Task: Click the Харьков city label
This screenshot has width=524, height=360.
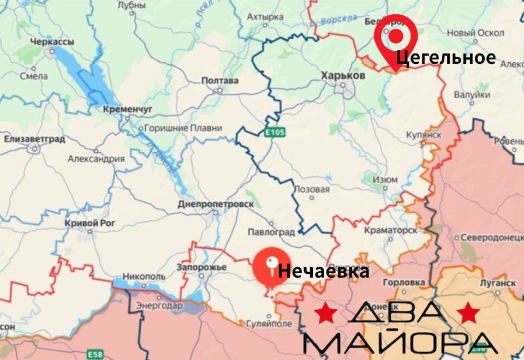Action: [343, 76]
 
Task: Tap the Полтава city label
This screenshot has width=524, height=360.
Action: [220, 81]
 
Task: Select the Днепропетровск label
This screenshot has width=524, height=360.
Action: [216, 204]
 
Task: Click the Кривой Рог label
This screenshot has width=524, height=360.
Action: [88, 223]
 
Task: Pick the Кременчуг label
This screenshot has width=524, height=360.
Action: [128, 109]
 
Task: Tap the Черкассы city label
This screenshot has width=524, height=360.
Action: [52, 42]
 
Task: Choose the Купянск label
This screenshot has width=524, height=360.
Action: [424, 135]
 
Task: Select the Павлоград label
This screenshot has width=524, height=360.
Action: [271, 232]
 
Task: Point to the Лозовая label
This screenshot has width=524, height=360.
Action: [312, 189]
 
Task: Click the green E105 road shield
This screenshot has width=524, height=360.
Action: [275, 133]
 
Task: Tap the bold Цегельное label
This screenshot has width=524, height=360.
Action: [446, 57]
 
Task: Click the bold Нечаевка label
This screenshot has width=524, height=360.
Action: [324, 271]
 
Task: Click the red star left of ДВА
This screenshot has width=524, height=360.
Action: [326, 313]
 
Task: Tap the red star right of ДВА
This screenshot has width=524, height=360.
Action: [468, 313]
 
